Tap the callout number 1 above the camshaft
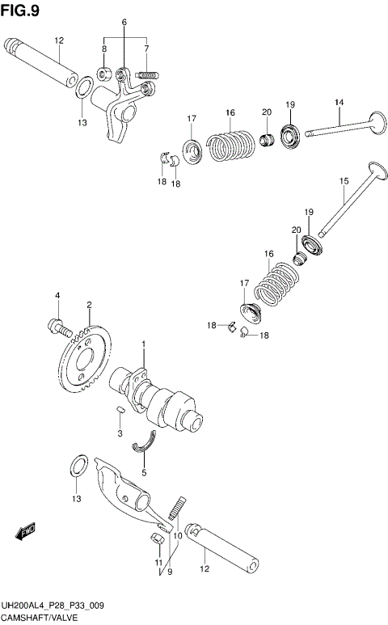point(144,345)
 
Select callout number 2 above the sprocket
point(89,305)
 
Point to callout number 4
point(57,297)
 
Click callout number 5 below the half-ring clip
point(144,472)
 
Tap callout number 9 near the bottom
point(169,572)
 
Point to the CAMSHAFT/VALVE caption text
point(39,617)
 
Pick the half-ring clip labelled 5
point(146,440)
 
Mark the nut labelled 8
point(105,74)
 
